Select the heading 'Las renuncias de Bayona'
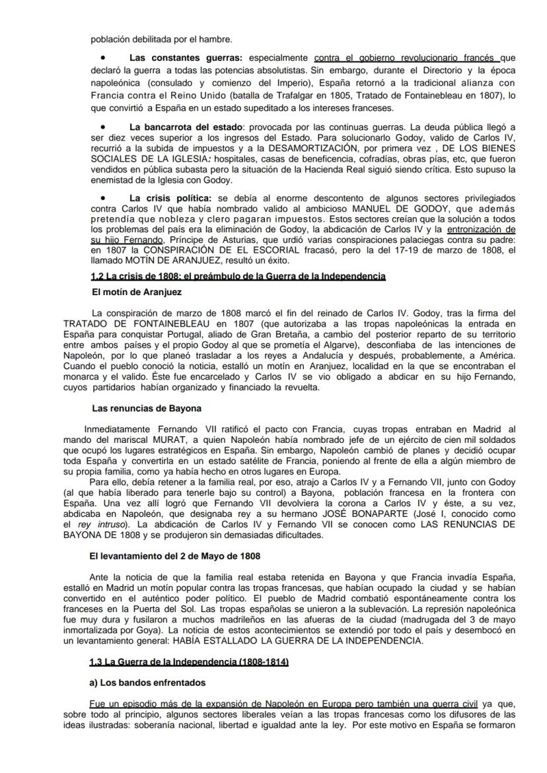coord(147,408)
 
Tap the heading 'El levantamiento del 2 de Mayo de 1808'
coord(174,557)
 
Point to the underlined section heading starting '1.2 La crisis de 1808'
coord(238,276)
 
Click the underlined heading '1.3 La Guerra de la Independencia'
coord(189,661)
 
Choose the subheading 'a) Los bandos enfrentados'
coord(148,683)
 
